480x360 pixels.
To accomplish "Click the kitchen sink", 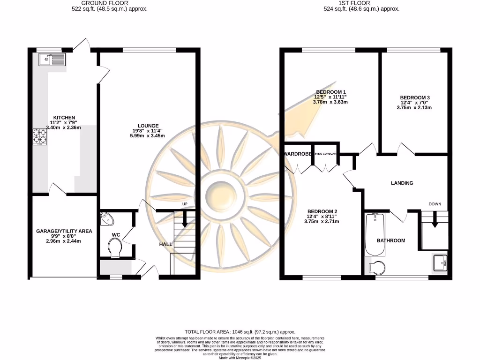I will (52, 59).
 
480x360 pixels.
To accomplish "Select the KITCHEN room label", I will (64, 117).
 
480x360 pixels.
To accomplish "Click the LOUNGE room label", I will (148, 126).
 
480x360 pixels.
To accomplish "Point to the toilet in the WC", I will (114, 247).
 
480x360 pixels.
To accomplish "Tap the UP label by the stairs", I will (185, 204).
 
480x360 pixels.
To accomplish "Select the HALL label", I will (165, 244).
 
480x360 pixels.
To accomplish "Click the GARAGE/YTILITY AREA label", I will (64, 231).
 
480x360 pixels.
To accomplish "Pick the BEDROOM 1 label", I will (330, 91).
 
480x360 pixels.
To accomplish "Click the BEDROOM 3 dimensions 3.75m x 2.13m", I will (414, 107).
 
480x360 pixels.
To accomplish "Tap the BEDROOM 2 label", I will (322, 211).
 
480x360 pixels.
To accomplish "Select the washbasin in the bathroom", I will (441, 262).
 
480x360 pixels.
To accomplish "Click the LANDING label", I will (402, 183).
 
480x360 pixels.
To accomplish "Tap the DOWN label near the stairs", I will (435, 204).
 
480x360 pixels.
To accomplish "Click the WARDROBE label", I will (297, 153).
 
